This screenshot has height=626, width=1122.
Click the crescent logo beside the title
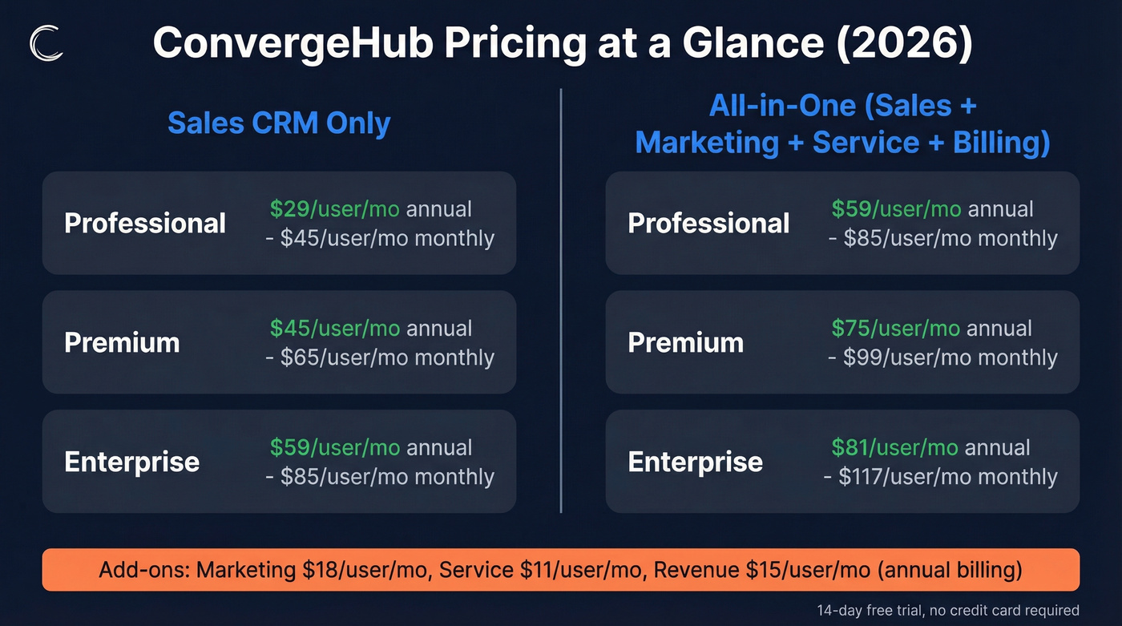46,43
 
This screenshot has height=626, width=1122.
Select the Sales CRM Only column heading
279,123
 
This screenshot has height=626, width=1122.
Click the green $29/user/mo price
335,209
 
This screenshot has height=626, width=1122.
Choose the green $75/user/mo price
896,329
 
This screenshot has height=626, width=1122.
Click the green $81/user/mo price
894,447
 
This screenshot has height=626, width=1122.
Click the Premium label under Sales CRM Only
122,342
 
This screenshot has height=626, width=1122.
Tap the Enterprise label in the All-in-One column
695,462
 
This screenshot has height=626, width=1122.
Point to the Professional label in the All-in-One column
708,223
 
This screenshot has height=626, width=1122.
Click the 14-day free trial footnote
948,610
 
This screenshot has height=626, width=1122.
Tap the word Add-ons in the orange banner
143,570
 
